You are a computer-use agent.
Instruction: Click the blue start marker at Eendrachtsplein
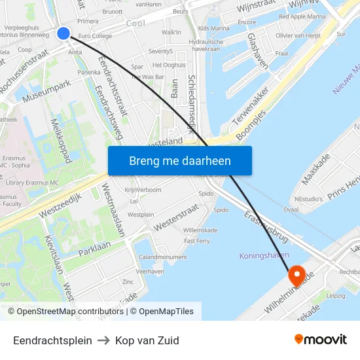pyautogui.click(x=63, y=33)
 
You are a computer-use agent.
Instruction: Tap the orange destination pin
pyautogui.click(x=296, y=275)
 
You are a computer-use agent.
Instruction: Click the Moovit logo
pyautogui.click(x=320, y=339)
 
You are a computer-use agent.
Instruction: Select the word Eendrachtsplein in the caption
pyautogui.click(x=52, y=340)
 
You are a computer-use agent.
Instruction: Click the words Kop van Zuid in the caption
pyautogui.click(x=147, y=340)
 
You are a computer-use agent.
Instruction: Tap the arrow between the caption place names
pyautogui.click(x=103, y=340)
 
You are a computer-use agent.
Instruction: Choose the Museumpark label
pyautogui.click(x=46, y=92)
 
